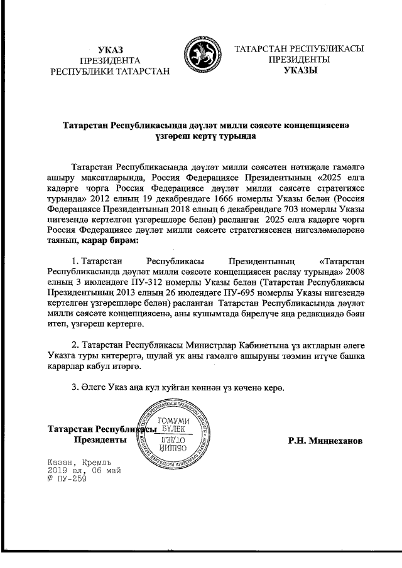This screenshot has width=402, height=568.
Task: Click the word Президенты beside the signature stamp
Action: click(x=100, y=441)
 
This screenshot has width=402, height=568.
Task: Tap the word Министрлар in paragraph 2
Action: click(x=190, y=346)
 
